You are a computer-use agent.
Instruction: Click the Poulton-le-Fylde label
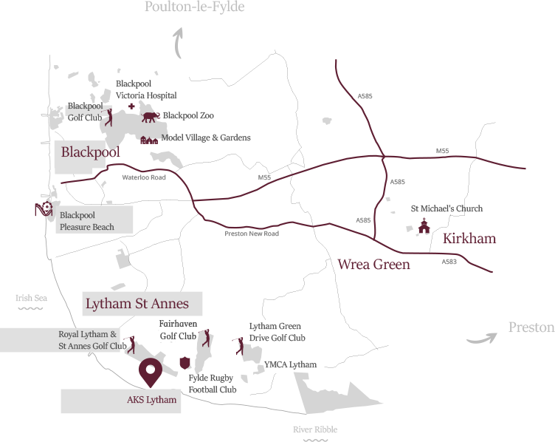194,7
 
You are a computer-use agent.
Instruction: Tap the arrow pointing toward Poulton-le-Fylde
177,44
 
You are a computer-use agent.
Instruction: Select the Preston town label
531,327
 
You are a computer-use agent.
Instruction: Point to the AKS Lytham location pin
151,373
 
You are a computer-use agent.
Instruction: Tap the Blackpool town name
90,152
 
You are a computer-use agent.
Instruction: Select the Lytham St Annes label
137,304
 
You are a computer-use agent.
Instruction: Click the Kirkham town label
469,238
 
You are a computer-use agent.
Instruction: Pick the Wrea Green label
373,264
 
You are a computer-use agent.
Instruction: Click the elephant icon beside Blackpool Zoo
151,116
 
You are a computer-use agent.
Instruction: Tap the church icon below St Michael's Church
424,227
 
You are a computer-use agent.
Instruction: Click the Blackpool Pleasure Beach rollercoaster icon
44,209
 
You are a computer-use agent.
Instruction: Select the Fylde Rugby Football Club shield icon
185,363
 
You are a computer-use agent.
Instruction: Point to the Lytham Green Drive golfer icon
238,344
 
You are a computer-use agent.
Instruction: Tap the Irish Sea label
31,299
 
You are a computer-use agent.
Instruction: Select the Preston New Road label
252,234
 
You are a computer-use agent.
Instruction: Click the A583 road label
449,262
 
